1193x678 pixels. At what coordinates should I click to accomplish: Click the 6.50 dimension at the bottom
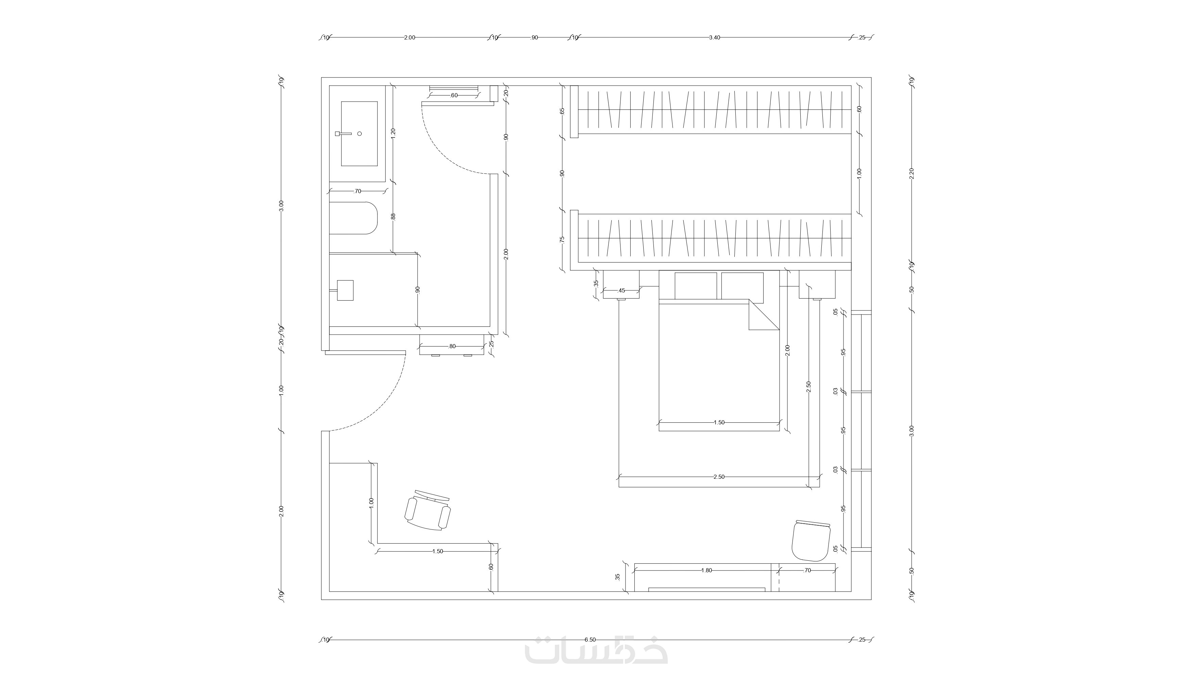coord(591,640)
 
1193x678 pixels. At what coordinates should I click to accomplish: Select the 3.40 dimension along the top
coord(715,38)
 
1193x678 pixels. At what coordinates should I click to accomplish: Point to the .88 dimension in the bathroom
coord(393,217)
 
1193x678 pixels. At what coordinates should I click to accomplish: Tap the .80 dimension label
coord(451,346)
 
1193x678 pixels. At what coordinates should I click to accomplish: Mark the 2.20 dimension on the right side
coord(912,173)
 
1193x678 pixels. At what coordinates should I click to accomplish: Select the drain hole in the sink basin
coord(359,134)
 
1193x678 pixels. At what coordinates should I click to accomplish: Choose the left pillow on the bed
coord(695,286)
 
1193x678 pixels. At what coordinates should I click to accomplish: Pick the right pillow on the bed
coord(743,286)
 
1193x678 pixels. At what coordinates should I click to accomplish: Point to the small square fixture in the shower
coord(345,290)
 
